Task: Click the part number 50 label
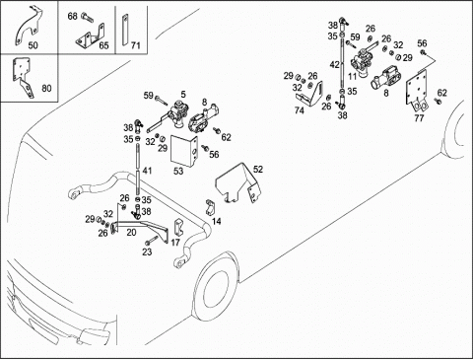pyautogui.click(x=33, y=45)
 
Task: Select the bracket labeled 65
pyautogui.click(x=90, y=36)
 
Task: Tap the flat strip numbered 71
pyautogui.click(x=125, y=31)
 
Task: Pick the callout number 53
pyautogui.click(x=178, y=171)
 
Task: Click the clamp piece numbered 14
pyautogui.click(x=210, y=207)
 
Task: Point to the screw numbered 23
pyautogui.click(x=150, y=242)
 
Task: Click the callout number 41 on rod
pyautogui.click(x=148, y=171)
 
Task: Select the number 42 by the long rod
pyautogui.click(x=335, y=65)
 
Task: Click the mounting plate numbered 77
pyautogui.click(x=417, y=91)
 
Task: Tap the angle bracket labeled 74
pyautogui.click(x=310, y=95)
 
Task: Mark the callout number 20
pyautogui.click(x=131, y=233)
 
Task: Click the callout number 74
pyautogui.click(x=299, y=110)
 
